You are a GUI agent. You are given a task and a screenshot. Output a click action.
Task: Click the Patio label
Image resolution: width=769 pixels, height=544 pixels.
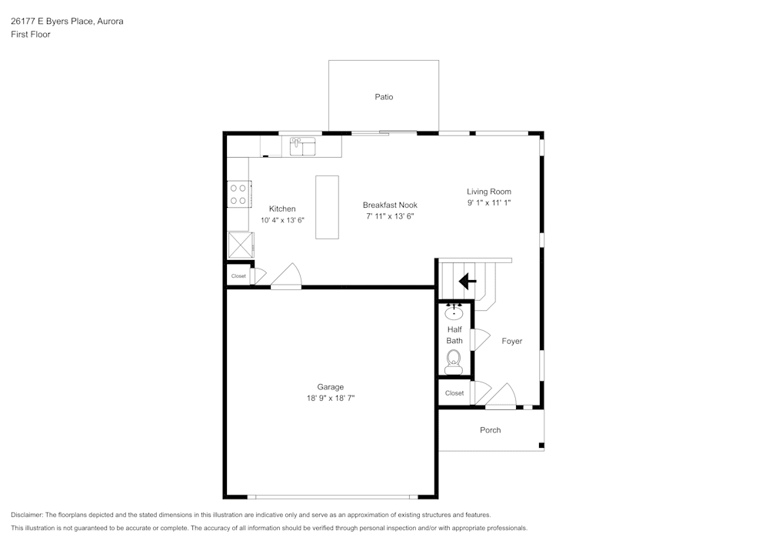(x=384, y=97)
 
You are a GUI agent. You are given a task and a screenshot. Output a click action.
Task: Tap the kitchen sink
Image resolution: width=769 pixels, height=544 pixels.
(x=303, y=145)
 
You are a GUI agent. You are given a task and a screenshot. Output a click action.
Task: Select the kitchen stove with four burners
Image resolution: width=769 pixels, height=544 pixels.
(x=238, y=194)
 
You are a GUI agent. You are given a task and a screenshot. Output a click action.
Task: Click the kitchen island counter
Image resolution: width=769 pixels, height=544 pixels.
(x=327, y=207)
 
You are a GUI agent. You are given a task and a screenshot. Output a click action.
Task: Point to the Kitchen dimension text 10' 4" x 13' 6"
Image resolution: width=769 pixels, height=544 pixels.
(x=282, y=220)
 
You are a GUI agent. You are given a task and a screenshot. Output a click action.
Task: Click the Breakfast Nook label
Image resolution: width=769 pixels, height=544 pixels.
(x=390, y=205)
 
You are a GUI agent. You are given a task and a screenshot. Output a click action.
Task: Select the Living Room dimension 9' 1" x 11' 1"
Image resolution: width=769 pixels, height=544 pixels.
(x=488, y=203)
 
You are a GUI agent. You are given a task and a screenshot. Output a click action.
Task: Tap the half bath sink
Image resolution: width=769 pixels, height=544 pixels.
(x=454, y=312)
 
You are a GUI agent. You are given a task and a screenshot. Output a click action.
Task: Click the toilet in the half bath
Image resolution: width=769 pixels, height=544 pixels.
(x=454, y=359)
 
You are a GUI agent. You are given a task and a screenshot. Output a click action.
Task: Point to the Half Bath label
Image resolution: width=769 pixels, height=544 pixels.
(x=454, y=335)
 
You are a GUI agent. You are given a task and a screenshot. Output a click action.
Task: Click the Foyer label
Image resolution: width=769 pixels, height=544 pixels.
(x=511, y=341)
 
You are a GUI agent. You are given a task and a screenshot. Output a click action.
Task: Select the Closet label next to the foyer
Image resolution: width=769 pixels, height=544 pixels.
(x=454, y=393)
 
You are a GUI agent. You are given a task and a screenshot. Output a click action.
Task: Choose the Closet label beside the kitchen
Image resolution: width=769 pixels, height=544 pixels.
(x=238, y=276)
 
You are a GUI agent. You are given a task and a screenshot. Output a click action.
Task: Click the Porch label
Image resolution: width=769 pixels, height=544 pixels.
(x=490, y=430)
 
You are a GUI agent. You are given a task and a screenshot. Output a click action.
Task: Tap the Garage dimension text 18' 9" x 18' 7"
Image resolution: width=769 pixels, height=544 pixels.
(x=331, y=398)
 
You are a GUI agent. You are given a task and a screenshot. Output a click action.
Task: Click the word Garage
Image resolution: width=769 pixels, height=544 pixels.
(x=331, y=387)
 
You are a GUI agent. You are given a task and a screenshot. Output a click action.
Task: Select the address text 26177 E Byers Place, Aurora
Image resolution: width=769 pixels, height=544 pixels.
(x=67, y=22)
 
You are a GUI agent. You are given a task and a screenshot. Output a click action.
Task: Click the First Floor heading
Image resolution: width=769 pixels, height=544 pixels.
(x=31, y=35)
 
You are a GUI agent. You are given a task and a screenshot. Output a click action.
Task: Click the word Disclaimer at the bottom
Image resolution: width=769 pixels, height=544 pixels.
(x=27, y=515)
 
